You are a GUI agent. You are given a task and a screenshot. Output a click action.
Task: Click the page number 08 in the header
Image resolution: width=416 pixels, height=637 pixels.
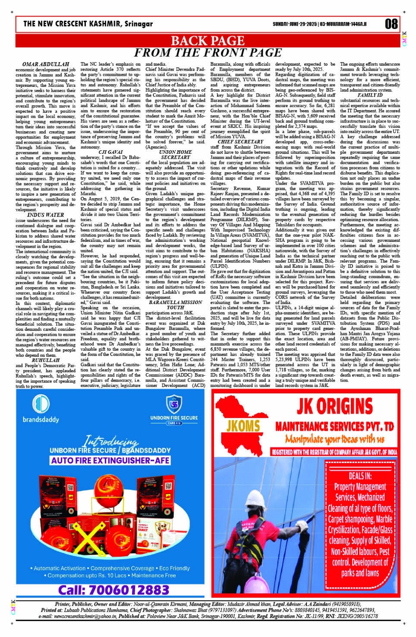tap(391, 24)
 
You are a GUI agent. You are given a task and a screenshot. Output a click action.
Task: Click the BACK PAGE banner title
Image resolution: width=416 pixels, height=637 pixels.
tap(207, 41)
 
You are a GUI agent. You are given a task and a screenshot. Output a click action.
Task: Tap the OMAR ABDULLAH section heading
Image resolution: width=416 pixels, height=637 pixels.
tap(46, 64)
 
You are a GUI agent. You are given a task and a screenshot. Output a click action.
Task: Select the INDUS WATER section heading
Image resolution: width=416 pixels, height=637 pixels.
tap(45, 215)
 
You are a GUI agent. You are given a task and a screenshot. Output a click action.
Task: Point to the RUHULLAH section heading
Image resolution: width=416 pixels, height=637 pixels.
tap(45, 360)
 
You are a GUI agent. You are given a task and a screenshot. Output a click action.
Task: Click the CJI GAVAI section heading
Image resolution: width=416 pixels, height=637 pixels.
tap(110, 152)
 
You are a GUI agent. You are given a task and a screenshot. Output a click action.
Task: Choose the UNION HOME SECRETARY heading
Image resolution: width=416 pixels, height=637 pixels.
tap(175, 155)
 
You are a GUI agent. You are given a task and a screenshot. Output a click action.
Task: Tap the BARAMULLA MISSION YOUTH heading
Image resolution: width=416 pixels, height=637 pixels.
tap(175, 305)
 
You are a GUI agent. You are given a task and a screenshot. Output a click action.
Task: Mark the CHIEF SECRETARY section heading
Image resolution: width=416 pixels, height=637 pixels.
tap(240, 142)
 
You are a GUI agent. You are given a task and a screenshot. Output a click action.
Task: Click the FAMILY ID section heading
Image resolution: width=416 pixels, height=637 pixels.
tap(370, 95)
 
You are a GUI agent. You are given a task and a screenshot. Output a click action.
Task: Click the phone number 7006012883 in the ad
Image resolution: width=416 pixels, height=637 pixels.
tap(114, 589)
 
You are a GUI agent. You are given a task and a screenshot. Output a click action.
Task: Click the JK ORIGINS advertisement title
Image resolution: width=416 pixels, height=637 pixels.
tap(334, 407)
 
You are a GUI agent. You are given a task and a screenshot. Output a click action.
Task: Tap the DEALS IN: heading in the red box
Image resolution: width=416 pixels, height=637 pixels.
tap(360, 476)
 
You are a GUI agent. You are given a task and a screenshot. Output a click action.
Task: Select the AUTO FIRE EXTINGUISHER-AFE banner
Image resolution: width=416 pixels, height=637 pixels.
tap(110, 460)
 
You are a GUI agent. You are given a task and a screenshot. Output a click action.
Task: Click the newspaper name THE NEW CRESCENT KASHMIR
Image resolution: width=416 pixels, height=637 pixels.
tap(88, 24)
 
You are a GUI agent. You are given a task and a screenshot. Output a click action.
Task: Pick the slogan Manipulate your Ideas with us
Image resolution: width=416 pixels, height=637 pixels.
tap(335, 439)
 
